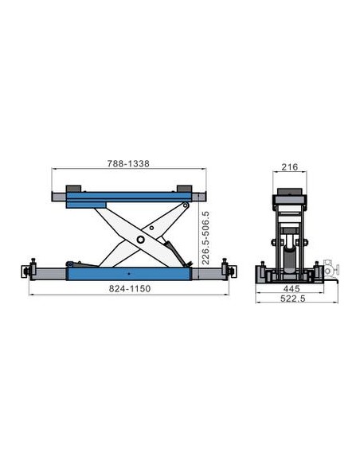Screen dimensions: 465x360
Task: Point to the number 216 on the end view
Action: (290, 168)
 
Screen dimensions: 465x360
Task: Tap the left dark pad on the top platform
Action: (74, 188)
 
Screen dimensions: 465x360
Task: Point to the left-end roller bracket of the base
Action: (33, 268)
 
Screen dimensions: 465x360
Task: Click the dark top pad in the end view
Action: (289, 193)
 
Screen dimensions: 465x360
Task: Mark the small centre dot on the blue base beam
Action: (128, 273)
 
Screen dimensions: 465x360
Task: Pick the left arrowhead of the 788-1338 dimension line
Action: (54, 168)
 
